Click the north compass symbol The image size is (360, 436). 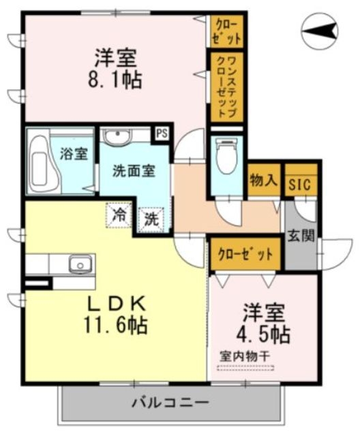pyautogui.click(x=321, y=31)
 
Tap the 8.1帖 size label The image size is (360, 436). pyautogui.click(x=115, y=80)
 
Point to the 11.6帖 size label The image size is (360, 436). pyautogui.click(x=116, y=325)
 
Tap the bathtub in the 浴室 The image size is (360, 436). pyautogui.click(x=43, y=161)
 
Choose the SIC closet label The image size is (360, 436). pyautogui.click(x=301, y=183)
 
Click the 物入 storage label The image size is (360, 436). pyautogui.click(x=263, y=181)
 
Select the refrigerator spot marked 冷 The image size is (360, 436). pyautogui.click(x=119, y=216)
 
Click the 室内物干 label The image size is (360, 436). pyautogui.click(x=245, y=355)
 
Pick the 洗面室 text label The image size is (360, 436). pyautogui.click(x=134, y=170)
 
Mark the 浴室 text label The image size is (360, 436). pyautogui.click(x=73, y=153)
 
